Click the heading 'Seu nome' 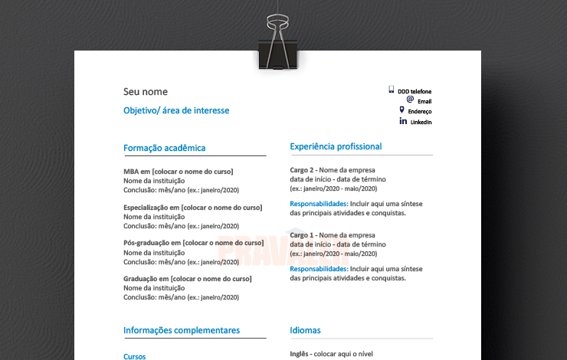(145, 92)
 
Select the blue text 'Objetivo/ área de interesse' (176, 110)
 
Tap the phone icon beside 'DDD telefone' (391, 90)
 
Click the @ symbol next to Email (410, 100)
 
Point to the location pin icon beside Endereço (401, 110)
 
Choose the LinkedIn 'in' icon (403, 121)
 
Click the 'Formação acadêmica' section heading (164, 148)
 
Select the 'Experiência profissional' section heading (336, 146)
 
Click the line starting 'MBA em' (178, 172)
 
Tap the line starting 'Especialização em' (192, 208)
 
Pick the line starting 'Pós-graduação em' (192, 243)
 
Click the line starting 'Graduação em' (187, 279)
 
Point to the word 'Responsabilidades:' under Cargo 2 (318, 204)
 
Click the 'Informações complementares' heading (181, 330)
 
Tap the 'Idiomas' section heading (305, 330)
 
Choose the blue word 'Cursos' (134, 356)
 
